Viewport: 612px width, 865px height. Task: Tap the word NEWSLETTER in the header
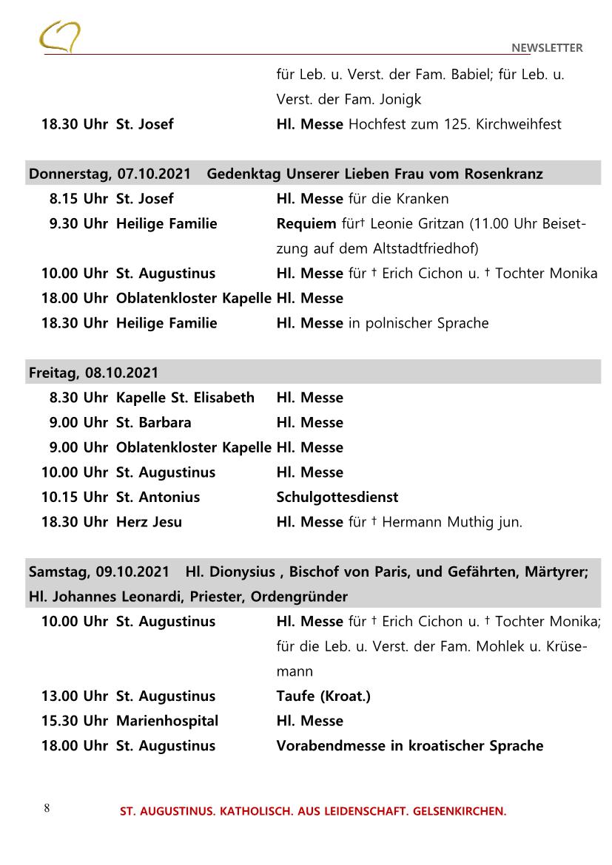(x=547, y=48)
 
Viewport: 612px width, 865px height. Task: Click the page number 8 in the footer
(x=47, y=807)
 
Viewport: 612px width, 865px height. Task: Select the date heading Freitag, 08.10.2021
(x=93, y=373)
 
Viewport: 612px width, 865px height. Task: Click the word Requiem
(x=306, y=223)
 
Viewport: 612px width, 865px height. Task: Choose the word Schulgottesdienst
(x=337, y=498)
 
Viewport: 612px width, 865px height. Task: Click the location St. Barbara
(x=153, y=423)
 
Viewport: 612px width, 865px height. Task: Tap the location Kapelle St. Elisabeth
(x=185, y=398)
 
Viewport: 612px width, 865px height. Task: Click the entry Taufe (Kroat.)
(x=323, y=696)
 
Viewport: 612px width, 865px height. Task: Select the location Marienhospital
(x=167, y=721)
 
